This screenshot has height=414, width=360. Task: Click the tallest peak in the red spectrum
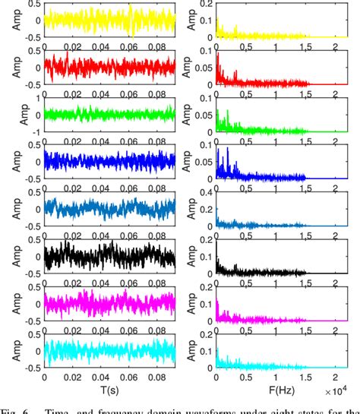[219, 55]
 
